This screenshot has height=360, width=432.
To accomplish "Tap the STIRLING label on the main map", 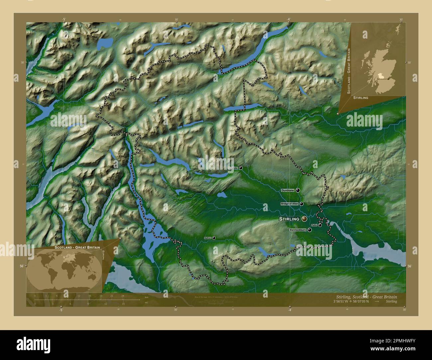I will coord(289,219).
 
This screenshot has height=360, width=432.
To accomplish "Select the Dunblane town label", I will coord(288,190).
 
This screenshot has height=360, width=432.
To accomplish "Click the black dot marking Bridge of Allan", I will coord(301,204).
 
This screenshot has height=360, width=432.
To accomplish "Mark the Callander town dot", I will coord(241,168).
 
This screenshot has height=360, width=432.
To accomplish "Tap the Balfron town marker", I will coord(214,238).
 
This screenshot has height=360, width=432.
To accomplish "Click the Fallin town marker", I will coord(320,225).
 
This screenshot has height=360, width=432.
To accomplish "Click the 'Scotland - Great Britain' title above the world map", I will coord(77,248).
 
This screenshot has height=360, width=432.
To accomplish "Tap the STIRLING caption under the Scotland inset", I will coord(361,98).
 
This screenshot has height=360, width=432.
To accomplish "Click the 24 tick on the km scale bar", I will coord(123,296).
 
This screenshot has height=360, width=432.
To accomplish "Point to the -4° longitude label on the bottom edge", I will coord(289,310).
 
